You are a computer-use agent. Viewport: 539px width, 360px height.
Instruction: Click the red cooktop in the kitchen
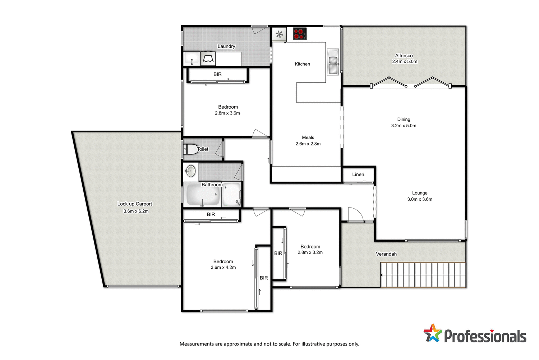click(299, 34)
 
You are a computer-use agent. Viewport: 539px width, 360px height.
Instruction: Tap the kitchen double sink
click(333, 62)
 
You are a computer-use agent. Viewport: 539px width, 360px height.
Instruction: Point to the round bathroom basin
click(190, 171)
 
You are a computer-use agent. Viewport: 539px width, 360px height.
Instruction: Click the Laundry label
click(226, 46)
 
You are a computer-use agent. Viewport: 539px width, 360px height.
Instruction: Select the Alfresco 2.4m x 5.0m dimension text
click(405, 61)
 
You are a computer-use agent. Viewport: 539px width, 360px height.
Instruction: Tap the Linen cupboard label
click(358, 174)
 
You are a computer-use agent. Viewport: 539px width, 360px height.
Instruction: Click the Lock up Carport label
click(134, 204)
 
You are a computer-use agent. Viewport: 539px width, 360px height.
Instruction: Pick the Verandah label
click(386, 254)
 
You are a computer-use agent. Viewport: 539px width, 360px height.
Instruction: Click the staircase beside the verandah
click(423, 275)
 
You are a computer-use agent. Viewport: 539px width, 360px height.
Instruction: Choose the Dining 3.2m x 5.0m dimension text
click(404, 126)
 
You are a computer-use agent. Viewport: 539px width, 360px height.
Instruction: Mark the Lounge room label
click(420, 193)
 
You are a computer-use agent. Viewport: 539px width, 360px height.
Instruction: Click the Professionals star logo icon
click(432, 333)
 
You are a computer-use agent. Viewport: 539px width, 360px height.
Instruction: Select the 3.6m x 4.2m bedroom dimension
click(223, 268)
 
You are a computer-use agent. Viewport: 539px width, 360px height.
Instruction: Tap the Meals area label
click(308, 137)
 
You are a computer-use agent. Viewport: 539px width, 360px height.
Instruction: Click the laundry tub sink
click(192, 59)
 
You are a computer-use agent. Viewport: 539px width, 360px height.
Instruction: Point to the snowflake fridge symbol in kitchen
click(279, 35)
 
